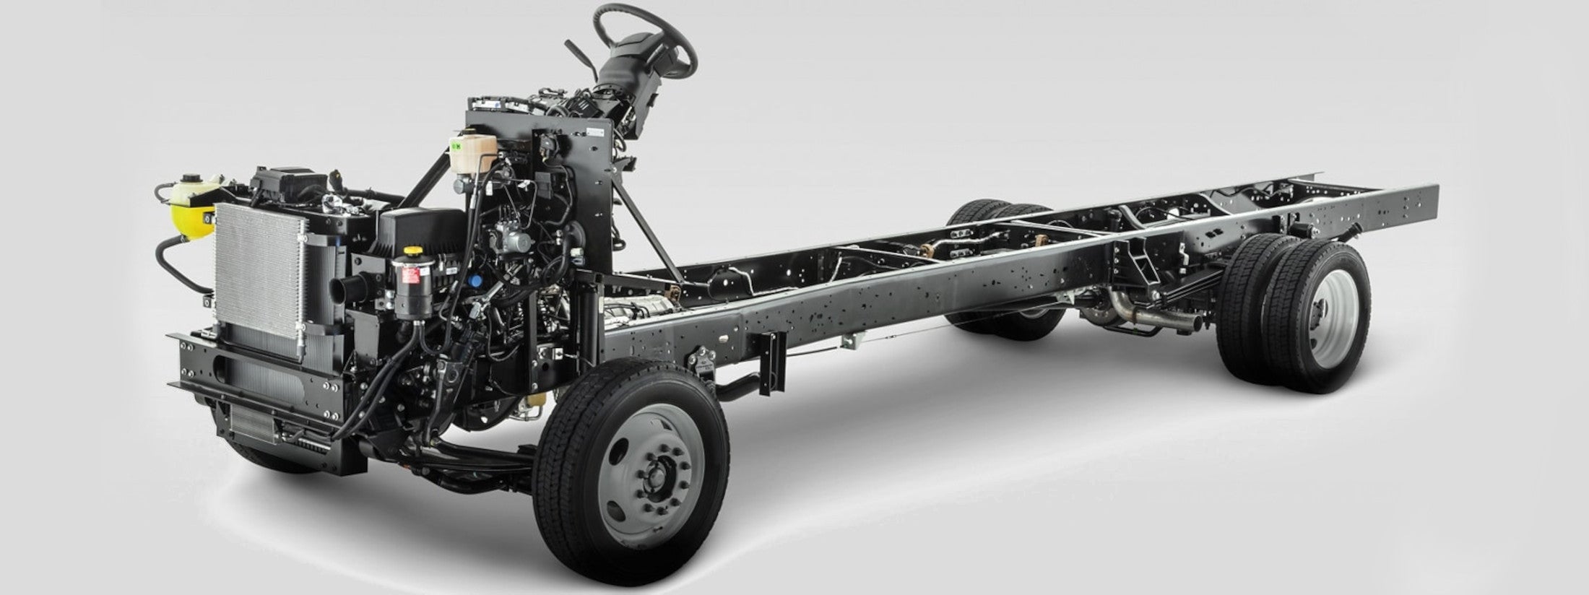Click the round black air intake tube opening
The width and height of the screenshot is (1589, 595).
pyautogui.click(x=341, y=289)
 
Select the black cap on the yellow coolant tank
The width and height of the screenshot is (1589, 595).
pyautogui.click(x=190, y=178)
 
